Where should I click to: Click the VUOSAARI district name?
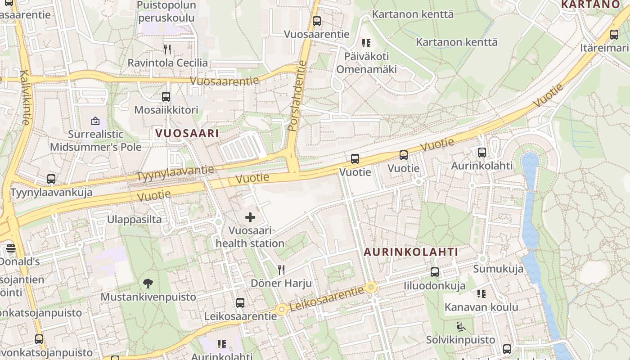point(187,133)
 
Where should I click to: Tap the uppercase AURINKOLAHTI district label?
point(410,252)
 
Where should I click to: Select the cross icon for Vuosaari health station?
point(250,218)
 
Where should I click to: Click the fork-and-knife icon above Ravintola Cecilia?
point(167,49)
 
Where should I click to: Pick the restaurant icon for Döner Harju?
point(281,270)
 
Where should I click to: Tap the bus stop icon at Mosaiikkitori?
point(166,96)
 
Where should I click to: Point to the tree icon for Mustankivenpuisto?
point(148,283)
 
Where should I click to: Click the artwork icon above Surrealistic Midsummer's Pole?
point(95,121)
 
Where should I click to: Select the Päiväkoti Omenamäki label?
point(366,63)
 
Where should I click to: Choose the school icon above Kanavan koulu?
point(481,294)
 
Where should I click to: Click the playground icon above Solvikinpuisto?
point(460,326)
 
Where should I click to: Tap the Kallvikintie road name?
point(25,97)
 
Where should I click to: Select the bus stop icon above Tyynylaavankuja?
point(51,179)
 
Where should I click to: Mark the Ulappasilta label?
point(134,220)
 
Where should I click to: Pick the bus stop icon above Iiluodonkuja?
point(434,272)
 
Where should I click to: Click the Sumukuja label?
point(498,269)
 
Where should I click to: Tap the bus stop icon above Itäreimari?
point(614,35)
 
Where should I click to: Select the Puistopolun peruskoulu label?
point(166,12)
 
